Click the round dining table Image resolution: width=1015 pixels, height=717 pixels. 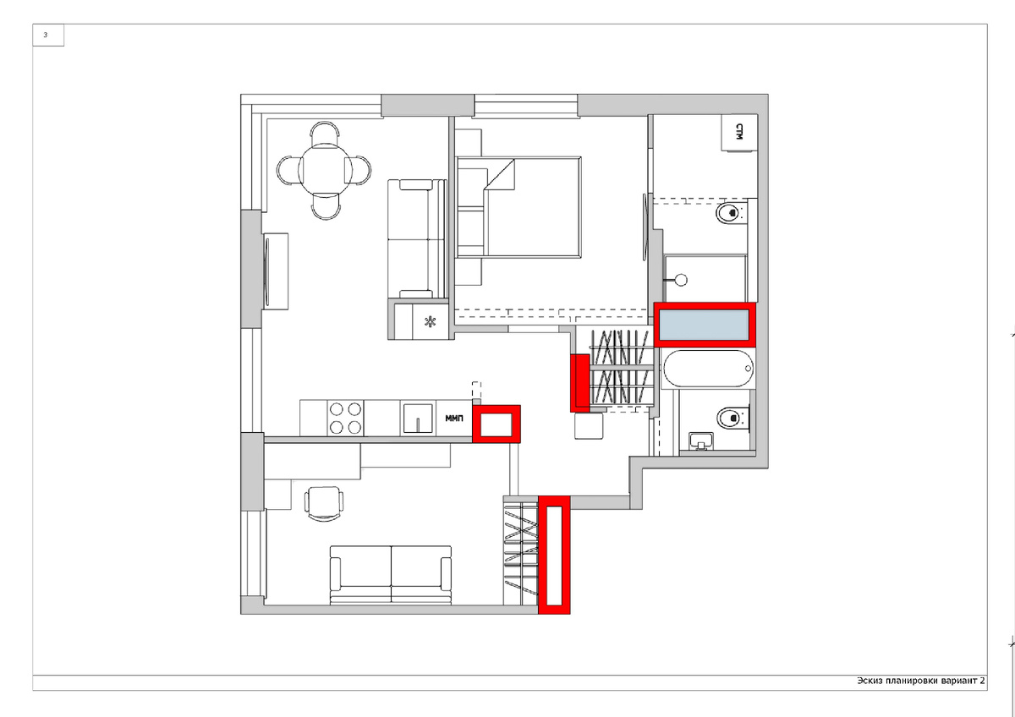click(x=326, y=170)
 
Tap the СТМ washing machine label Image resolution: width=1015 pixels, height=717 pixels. click(x=739, y=132)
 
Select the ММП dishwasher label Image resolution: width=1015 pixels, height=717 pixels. click(x=454, y=419)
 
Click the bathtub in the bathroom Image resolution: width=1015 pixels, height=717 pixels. click(x=708, y=369)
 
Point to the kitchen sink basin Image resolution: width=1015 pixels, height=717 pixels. click(x=418, y=419)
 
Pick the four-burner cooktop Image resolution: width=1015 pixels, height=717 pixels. click(x=345, y=418)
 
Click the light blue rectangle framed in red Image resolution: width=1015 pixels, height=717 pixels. click(x=704, y=325)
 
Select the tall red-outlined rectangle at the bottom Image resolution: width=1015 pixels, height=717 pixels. click(x=554, y=556)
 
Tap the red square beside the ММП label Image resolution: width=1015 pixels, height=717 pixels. click(x=497, y=424)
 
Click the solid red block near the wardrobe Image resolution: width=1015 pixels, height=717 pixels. click(x=579, y=383)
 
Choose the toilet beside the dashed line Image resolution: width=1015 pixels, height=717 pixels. click(x=731, y=212)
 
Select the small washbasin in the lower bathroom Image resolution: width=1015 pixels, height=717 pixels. click(x=701, y=441)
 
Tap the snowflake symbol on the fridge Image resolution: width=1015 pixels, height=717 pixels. click(x=430, y=322)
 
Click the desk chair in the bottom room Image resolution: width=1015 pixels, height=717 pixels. click(x=323, y=503)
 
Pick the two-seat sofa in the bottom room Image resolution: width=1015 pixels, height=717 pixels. click(x=391, y=575)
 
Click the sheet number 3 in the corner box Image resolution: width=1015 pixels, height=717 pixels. click(x=46, y=35)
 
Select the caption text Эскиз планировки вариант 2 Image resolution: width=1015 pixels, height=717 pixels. click(x=921, y=681)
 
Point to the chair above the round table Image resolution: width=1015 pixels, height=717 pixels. click(x=325, y=132)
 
